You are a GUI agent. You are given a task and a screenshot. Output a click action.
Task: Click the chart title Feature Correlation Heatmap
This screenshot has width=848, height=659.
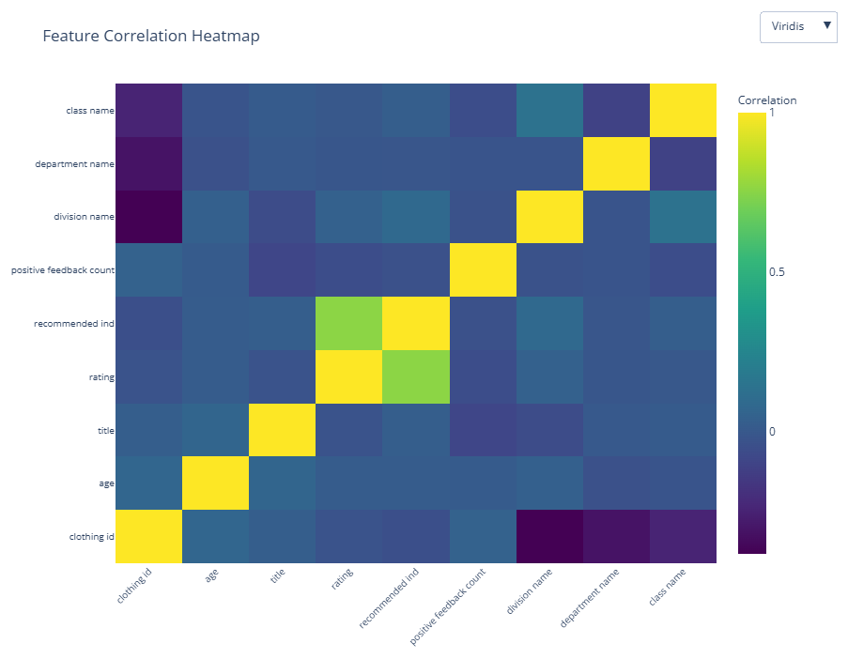(151, 37)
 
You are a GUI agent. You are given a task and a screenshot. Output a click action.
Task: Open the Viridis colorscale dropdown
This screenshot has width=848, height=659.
(797, 26)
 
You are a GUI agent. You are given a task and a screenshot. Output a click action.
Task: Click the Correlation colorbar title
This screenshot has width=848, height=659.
(766, 100)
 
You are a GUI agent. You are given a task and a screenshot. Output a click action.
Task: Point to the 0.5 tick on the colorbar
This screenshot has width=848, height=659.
(777, 272)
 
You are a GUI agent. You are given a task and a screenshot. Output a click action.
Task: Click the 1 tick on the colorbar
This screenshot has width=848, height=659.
(772, 113)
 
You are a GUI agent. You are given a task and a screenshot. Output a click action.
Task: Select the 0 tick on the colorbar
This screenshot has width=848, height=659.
(772, 432)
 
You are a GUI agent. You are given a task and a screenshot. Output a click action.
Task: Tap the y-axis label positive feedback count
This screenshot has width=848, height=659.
(62, 270)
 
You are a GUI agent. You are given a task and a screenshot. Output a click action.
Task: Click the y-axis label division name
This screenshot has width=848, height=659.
(85, 217)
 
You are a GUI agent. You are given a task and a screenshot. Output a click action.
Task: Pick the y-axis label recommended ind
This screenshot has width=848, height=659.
(74, 324)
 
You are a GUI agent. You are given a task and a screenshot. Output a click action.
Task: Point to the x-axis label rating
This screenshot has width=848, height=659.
(342, 578)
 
